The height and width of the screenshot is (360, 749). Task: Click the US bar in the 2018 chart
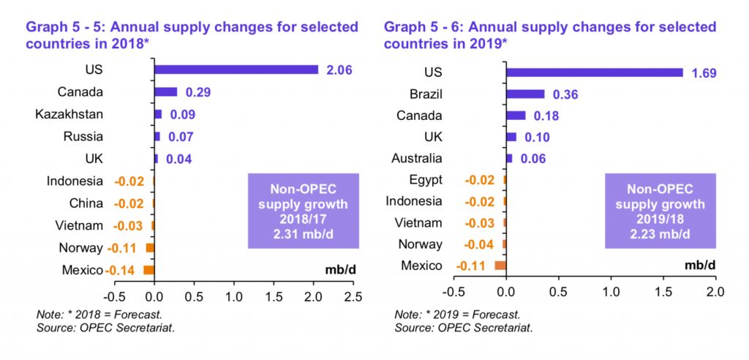pos(236,70)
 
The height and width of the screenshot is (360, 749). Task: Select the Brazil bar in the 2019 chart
pos(525,94)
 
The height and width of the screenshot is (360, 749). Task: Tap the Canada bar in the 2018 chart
pos(166,91)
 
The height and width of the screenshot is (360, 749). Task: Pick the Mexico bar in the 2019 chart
pos(500,266)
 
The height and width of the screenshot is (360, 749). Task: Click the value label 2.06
pos(339,71)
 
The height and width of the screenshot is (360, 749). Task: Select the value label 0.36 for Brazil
pos(565,94)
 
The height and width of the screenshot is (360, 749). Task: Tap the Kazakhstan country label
pos(69,115)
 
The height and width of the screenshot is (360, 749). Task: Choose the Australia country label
pos(416,158)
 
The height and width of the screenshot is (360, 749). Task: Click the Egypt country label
pos(426,180)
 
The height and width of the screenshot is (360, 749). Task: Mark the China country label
pos(86,203)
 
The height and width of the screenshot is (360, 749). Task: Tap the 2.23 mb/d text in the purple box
pos(660,234)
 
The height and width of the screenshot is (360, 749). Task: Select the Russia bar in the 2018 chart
pos(157,136)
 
